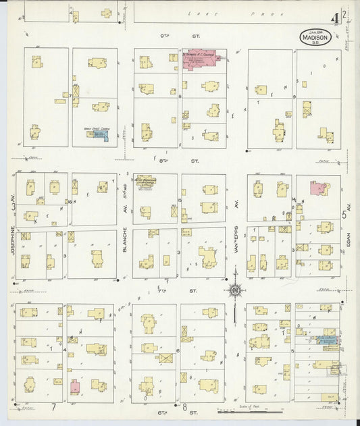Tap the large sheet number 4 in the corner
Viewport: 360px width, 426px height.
pos(335,14)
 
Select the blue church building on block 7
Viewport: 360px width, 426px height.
pos(99,135)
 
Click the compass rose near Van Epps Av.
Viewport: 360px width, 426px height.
pos(236,290)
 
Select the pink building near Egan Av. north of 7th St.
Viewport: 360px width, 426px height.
pos(317,188)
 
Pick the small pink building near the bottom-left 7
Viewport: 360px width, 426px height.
pos(76,387)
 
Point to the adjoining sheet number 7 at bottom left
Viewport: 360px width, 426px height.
pos(53,408)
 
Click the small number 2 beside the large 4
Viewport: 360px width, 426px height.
pos(344,12)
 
